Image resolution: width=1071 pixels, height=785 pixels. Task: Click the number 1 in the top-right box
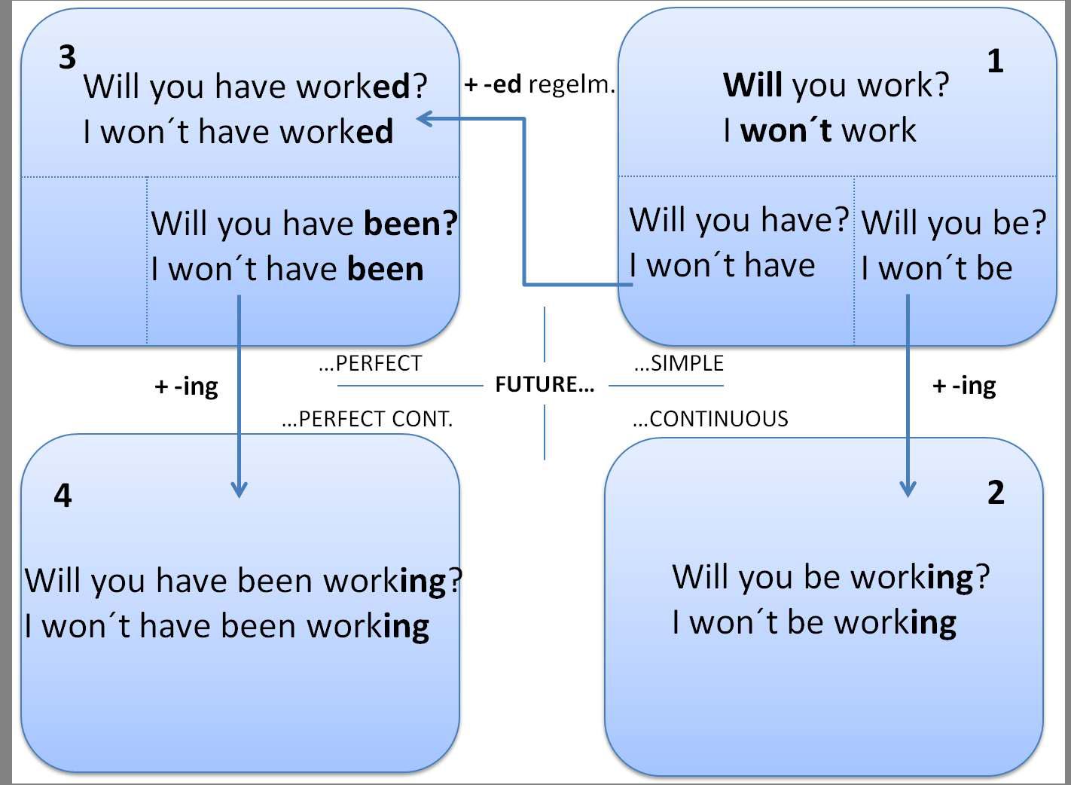(995, 61)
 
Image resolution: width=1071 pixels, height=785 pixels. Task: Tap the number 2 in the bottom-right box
(996, 493)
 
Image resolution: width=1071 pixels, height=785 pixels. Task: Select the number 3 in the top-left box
(67, 58)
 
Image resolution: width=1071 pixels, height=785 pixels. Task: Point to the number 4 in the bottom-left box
(63, 496)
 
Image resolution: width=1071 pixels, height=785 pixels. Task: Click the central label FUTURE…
(545, 385)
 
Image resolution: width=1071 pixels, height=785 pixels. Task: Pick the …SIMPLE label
(679, 363)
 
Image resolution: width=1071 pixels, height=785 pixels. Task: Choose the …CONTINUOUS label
(710, 419)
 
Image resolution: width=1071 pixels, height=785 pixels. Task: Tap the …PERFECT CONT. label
(367, 419)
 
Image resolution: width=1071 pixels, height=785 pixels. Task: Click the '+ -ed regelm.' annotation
(539, 84)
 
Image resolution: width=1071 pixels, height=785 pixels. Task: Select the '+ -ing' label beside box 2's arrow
(964, 386)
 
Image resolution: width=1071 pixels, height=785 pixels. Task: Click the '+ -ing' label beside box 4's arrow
(186, 387)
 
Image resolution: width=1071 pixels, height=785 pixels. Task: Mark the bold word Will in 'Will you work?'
(753, 85)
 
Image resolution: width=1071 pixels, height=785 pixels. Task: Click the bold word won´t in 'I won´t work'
(786, 130)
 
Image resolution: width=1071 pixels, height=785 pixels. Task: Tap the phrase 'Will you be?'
(954, 223)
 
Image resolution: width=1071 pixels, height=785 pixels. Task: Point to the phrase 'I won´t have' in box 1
(722, 266)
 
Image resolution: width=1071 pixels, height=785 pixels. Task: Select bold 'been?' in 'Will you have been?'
(410, 224)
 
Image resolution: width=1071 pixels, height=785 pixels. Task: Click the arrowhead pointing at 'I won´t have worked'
(425, 118)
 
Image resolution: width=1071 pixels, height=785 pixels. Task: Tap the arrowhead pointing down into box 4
(239, 490)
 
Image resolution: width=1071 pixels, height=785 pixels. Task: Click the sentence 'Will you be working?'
(831, 578)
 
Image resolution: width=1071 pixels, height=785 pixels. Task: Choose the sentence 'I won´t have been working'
(227, 627)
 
